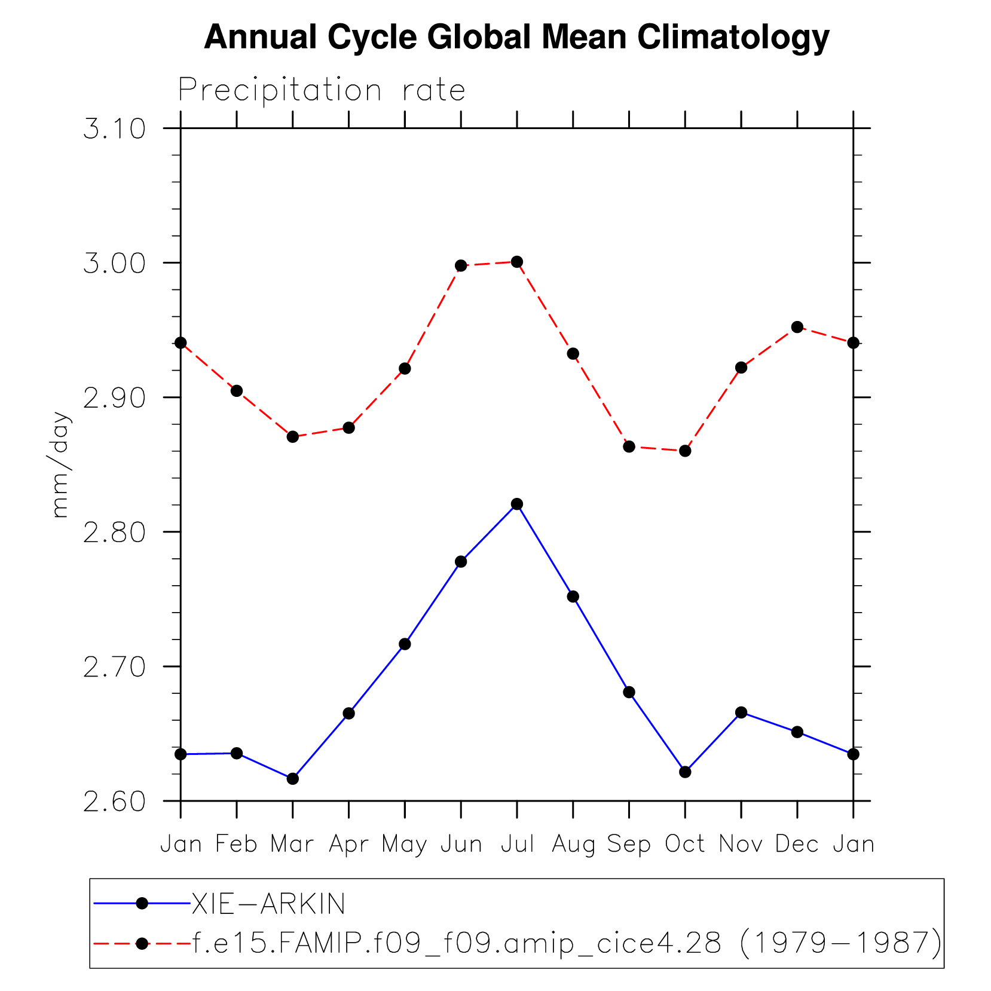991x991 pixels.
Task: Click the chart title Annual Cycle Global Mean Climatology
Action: pyautogui.click(x=516, y=37)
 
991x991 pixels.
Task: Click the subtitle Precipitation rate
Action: pyautogui.click(x=322, y=91)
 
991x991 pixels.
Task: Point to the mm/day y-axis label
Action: pyautogui.click(x=60, y=464)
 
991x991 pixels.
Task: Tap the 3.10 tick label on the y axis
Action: pyautogui.click(x=114, y=129)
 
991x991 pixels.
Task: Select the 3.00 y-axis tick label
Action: pyautogui.click(x=114, y=264)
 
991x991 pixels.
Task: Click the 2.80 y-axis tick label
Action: pyautogui.click(x=114, y=533)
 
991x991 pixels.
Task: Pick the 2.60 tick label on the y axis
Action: pyautogui.click(x=114, y=802)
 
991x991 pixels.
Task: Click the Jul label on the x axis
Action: pyautogui.click(x=517, y=845)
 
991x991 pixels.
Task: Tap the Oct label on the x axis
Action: pyautogui.click(x=685, y=845)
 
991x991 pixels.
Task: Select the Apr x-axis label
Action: pyautogui.click(x=348, y=845)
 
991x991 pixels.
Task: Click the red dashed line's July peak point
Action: pyautogui.click(x=517, y=262)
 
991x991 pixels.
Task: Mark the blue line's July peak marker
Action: pyautogui.click(x=517, y=504)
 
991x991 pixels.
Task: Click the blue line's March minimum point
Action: pyautogui.click(x=292, y=778)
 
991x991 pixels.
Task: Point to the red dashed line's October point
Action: pyautogui.click(x=685, y=451)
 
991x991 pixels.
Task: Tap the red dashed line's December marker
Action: pyautogui.click(x=797, y=327)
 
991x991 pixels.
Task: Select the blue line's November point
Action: pyautogui.click(x=741, y=712)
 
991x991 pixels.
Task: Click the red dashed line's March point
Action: pyautogui.click(x=292, y=436)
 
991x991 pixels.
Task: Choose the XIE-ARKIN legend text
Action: pyautogui.click(x=268, y=904)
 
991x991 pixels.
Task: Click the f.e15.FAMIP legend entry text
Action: pyautogui.click(x=567, y=943)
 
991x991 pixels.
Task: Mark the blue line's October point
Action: pyautogui.click(x=685, y=772)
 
